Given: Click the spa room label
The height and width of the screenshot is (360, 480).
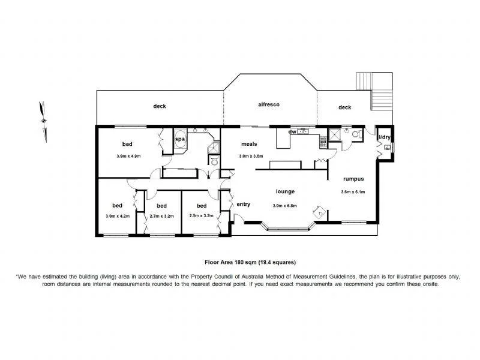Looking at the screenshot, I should click(x=179, y=139).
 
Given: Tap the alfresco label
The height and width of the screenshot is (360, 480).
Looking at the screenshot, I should click(x=269, y=104).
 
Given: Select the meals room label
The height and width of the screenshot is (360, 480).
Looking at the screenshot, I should click(x=249, y=144).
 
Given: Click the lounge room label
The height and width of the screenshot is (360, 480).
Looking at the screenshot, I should click(x=284, y=192).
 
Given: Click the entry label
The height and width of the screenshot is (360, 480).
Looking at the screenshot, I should click(x=243, y=205).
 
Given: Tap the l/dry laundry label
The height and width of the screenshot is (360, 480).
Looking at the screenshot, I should click(x=384, y=137).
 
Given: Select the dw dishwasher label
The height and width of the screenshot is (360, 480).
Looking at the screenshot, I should click(x=292, y=131).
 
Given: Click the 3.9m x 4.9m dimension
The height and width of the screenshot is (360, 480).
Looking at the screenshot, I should click(x=128, y=156).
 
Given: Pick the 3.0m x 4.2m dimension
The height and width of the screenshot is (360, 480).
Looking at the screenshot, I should click(x=117, y=216).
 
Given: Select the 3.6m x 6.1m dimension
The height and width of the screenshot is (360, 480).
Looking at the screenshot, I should click(x=353, y=192).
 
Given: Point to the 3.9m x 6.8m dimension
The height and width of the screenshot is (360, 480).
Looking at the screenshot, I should click(x=285, y=206).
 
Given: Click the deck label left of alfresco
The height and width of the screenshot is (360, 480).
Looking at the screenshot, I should click(x=160, y=107).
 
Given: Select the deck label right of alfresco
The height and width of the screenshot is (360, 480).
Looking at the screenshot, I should click(x=344, y=107).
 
